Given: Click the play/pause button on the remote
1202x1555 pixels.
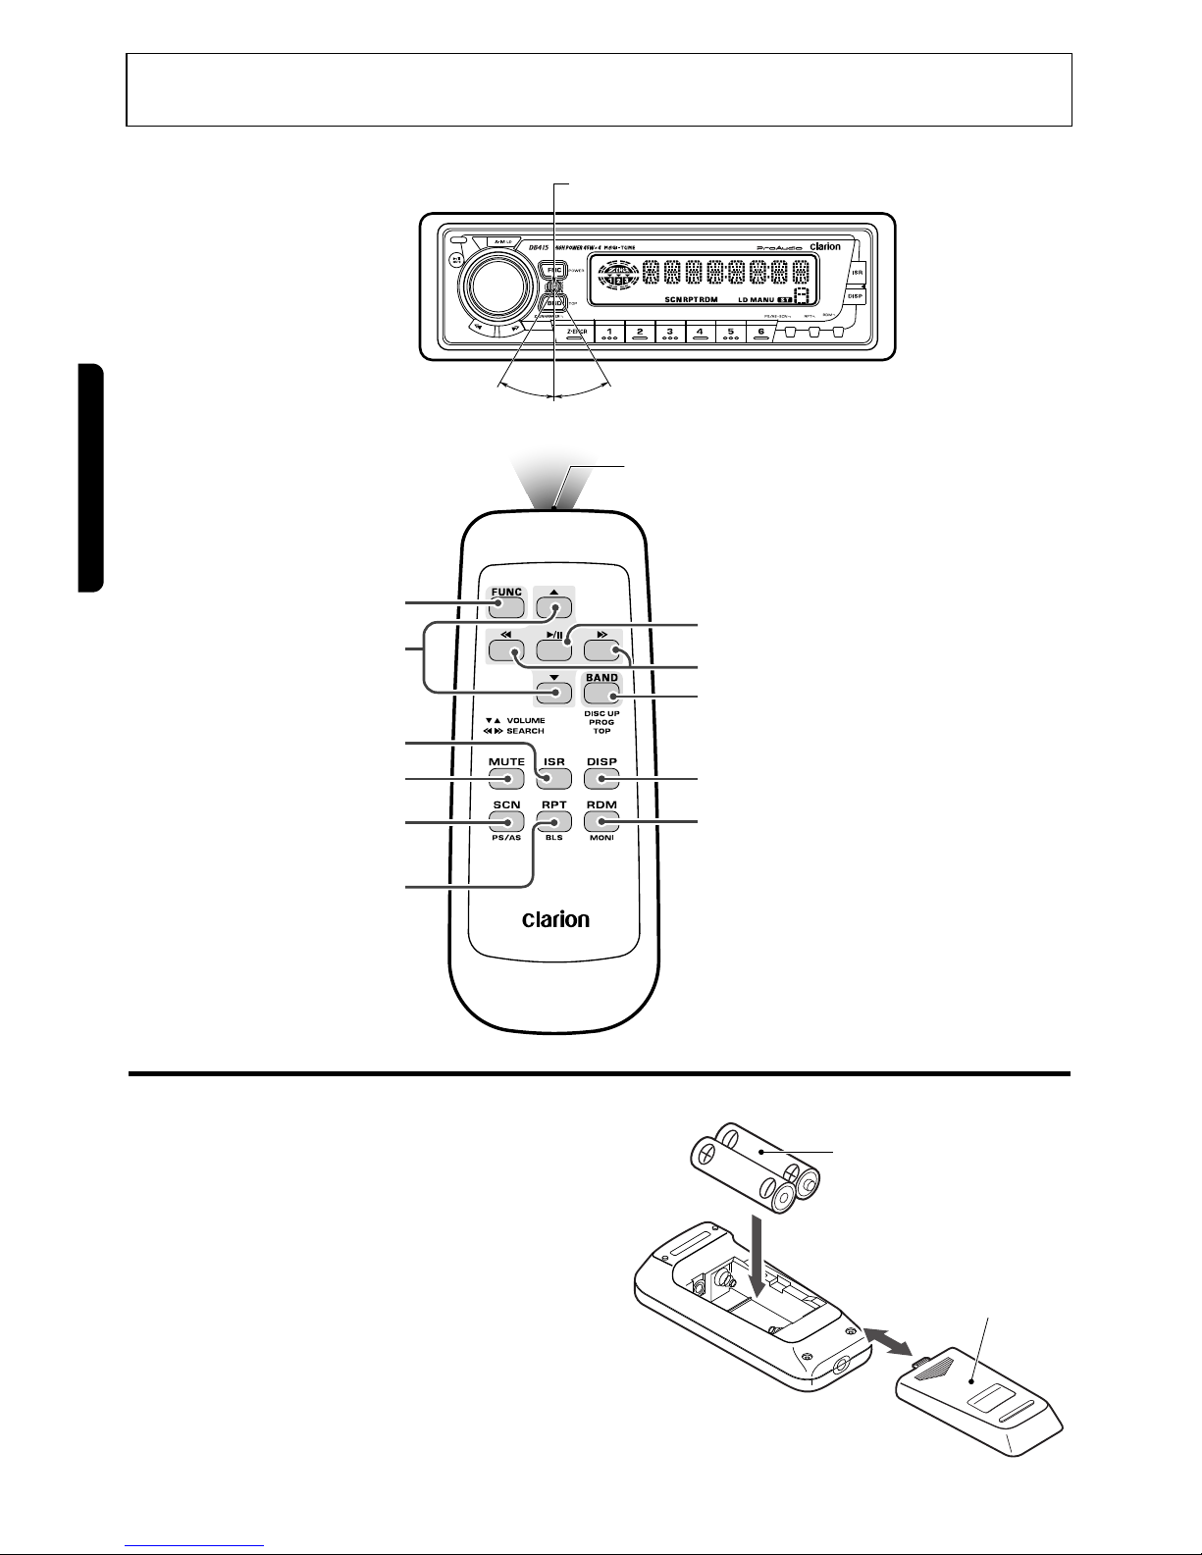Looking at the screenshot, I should pyautogui.click(x=554, y=647).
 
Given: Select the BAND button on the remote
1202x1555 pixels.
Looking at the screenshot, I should pyautogui.click(x=601, y=691).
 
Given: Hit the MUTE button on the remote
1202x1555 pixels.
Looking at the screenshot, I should pyautogui.click(x=507, y=777).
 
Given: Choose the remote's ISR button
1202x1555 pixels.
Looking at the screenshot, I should pyautogui.click(x=554, y=777).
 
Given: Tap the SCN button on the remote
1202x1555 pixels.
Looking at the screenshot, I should pyautogui.click(x=507, y=820).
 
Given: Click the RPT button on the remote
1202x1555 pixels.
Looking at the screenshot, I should pyautogui.click(x=554, y=820).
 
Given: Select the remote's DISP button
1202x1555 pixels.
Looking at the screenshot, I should pyautogui.click(x=601, y=777).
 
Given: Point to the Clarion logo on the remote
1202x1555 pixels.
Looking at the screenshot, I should pyautogui.click(x=555, y=919).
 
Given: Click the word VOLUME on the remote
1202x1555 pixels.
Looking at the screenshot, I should pyautogui.click(x=526, y=720).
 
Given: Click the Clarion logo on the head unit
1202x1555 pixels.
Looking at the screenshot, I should pyautogui.click(x=824, y=246).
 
